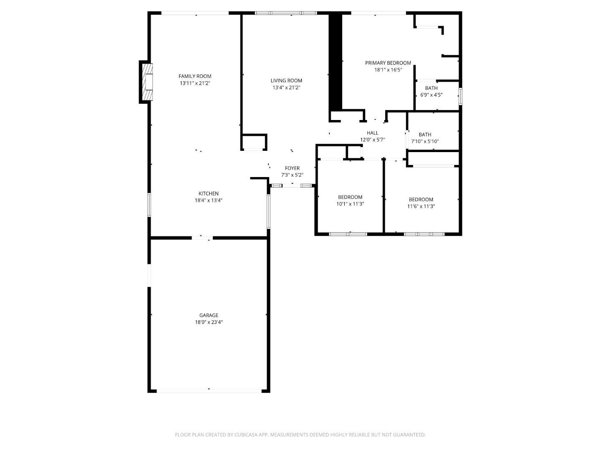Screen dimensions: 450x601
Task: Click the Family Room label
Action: [195, 76]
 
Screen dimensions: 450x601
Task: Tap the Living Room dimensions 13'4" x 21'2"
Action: [286, 87]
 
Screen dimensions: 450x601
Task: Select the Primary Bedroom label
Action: [388, 63]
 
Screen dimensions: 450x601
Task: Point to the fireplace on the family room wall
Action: [146, 82]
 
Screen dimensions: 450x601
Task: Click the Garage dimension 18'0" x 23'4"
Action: [209, 322]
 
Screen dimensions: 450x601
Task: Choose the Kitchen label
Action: [208, 194]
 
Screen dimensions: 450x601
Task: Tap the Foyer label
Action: [292, 168]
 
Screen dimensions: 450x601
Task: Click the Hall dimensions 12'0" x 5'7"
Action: [372, 140]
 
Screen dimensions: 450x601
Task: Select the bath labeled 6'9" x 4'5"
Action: [431, 91]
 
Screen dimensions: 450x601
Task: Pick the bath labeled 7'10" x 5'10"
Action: [425, 138]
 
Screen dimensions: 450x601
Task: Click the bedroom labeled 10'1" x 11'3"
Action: [350, 200]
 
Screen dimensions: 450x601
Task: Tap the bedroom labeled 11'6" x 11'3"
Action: [421, 202]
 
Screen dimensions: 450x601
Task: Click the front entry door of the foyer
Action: [292, 185]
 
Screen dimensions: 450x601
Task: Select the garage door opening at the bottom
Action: [209, 391]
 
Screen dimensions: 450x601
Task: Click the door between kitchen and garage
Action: [202, 238]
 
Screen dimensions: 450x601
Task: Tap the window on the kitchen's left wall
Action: [149, 205]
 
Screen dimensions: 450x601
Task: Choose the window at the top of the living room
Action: [286, 13]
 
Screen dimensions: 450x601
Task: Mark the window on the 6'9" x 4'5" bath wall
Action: [460, 96]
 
